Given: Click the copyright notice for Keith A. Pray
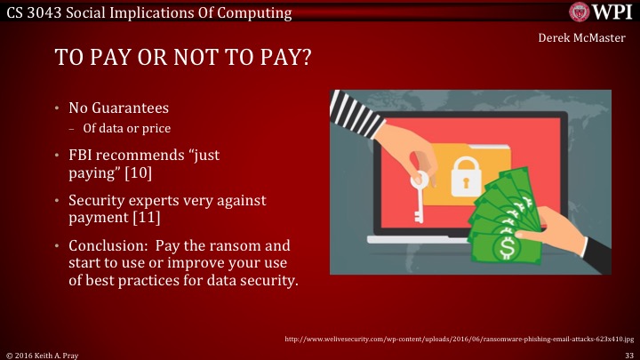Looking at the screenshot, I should [x=44, y=353].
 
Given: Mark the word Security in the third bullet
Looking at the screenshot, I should [x=99, y=201].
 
